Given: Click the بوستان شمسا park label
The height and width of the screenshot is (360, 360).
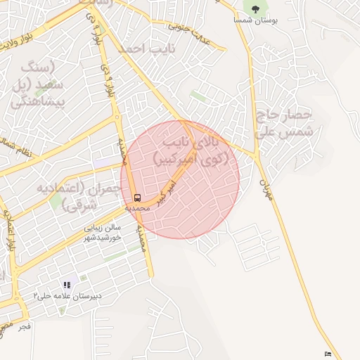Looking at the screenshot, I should click(257, 21).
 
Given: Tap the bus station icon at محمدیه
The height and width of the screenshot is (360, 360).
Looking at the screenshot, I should click(137, 198).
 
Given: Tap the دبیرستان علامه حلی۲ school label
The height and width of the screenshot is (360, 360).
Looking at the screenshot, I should click(67, 296).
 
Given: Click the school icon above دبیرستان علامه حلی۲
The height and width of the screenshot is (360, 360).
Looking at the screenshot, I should click(67, 285).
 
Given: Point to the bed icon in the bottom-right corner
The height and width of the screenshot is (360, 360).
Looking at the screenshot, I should click(328, 353).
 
